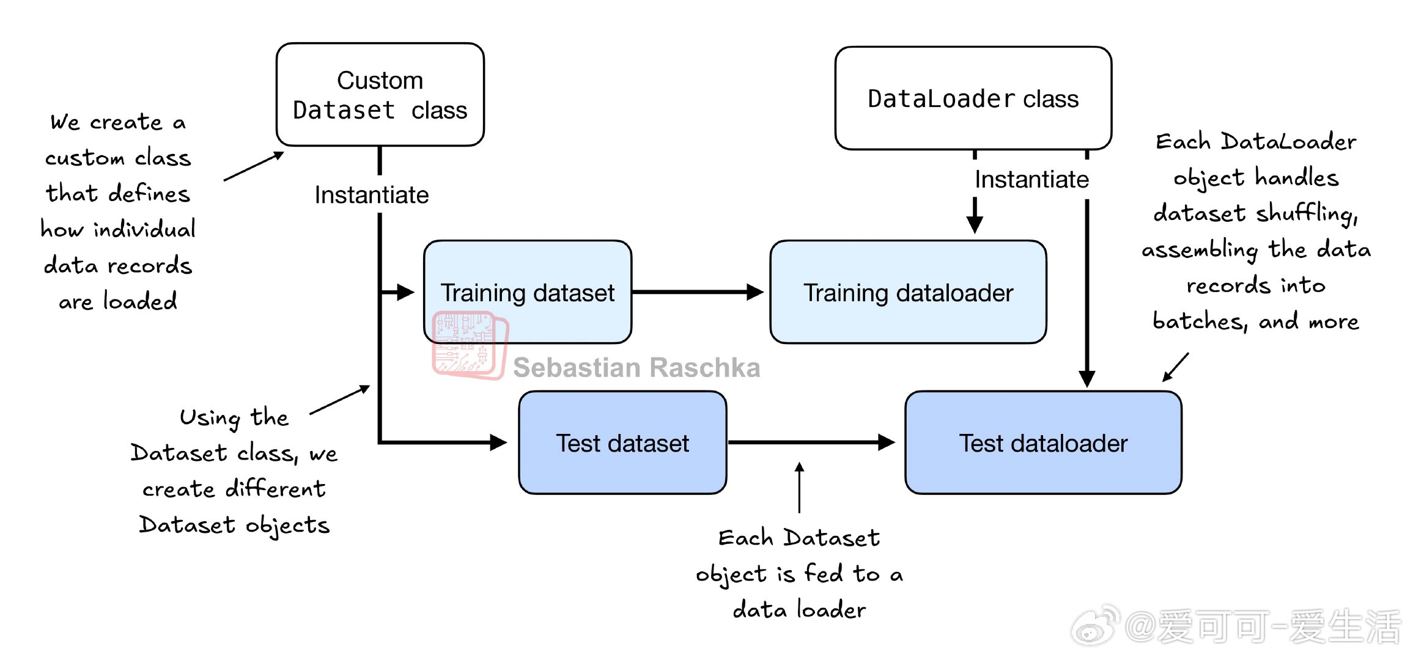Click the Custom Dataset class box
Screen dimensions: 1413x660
point(380,95)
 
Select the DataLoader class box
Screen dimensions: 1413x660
point(973,98)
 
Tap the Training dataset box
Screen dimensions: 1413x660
point(528,292)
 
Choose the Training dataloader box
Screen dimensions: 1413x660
point(908,292)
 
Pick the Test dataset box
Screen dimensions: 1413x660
point(622,442)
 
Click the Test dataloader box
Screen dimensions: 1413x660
point(1043,442)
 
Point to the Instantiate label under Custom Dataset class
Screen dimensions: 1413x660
point(372,195)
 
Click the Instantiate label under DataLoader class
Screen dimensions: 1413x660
point(1031,179)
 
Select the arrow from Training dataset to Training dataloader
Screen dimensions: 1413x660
point(698,292)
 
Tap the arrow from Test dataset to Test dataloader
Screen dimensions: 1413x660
point(811,442)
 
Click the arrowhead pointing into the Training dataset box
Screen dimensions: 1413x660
point(406,292)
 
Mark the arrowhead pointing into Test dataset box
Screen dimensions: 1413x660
point(499,442)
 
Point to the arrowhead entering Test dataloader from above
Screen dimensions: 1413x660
point(1086,379)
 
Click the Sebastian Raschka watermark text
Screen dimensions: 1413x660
point(636,367)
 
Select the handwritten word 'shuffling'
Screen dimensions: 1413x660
point(1307,213)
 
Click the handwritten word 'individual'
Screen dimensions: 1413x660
point(144,229)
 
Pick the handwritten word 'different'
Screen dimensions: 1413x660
point(276,488)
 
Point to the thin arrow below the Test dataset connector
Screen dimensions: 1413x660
point(799,488)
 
